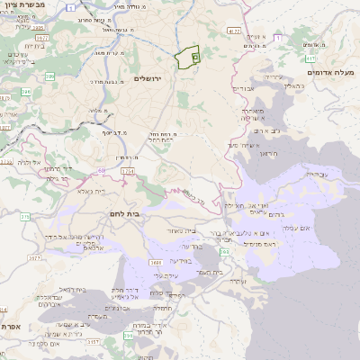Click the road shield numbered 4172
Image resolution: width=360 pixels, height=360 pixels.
[234, 31]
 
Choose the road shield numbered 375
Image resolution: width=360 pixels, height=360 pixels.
[25, 217]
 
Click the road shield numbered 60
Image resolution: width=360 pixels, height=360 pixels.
[100, 170]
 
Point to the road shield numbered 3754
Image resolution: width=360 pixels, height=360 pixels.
[127, 171]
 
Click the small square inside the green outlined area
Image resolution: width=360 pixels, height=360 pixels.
[195, 56]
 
